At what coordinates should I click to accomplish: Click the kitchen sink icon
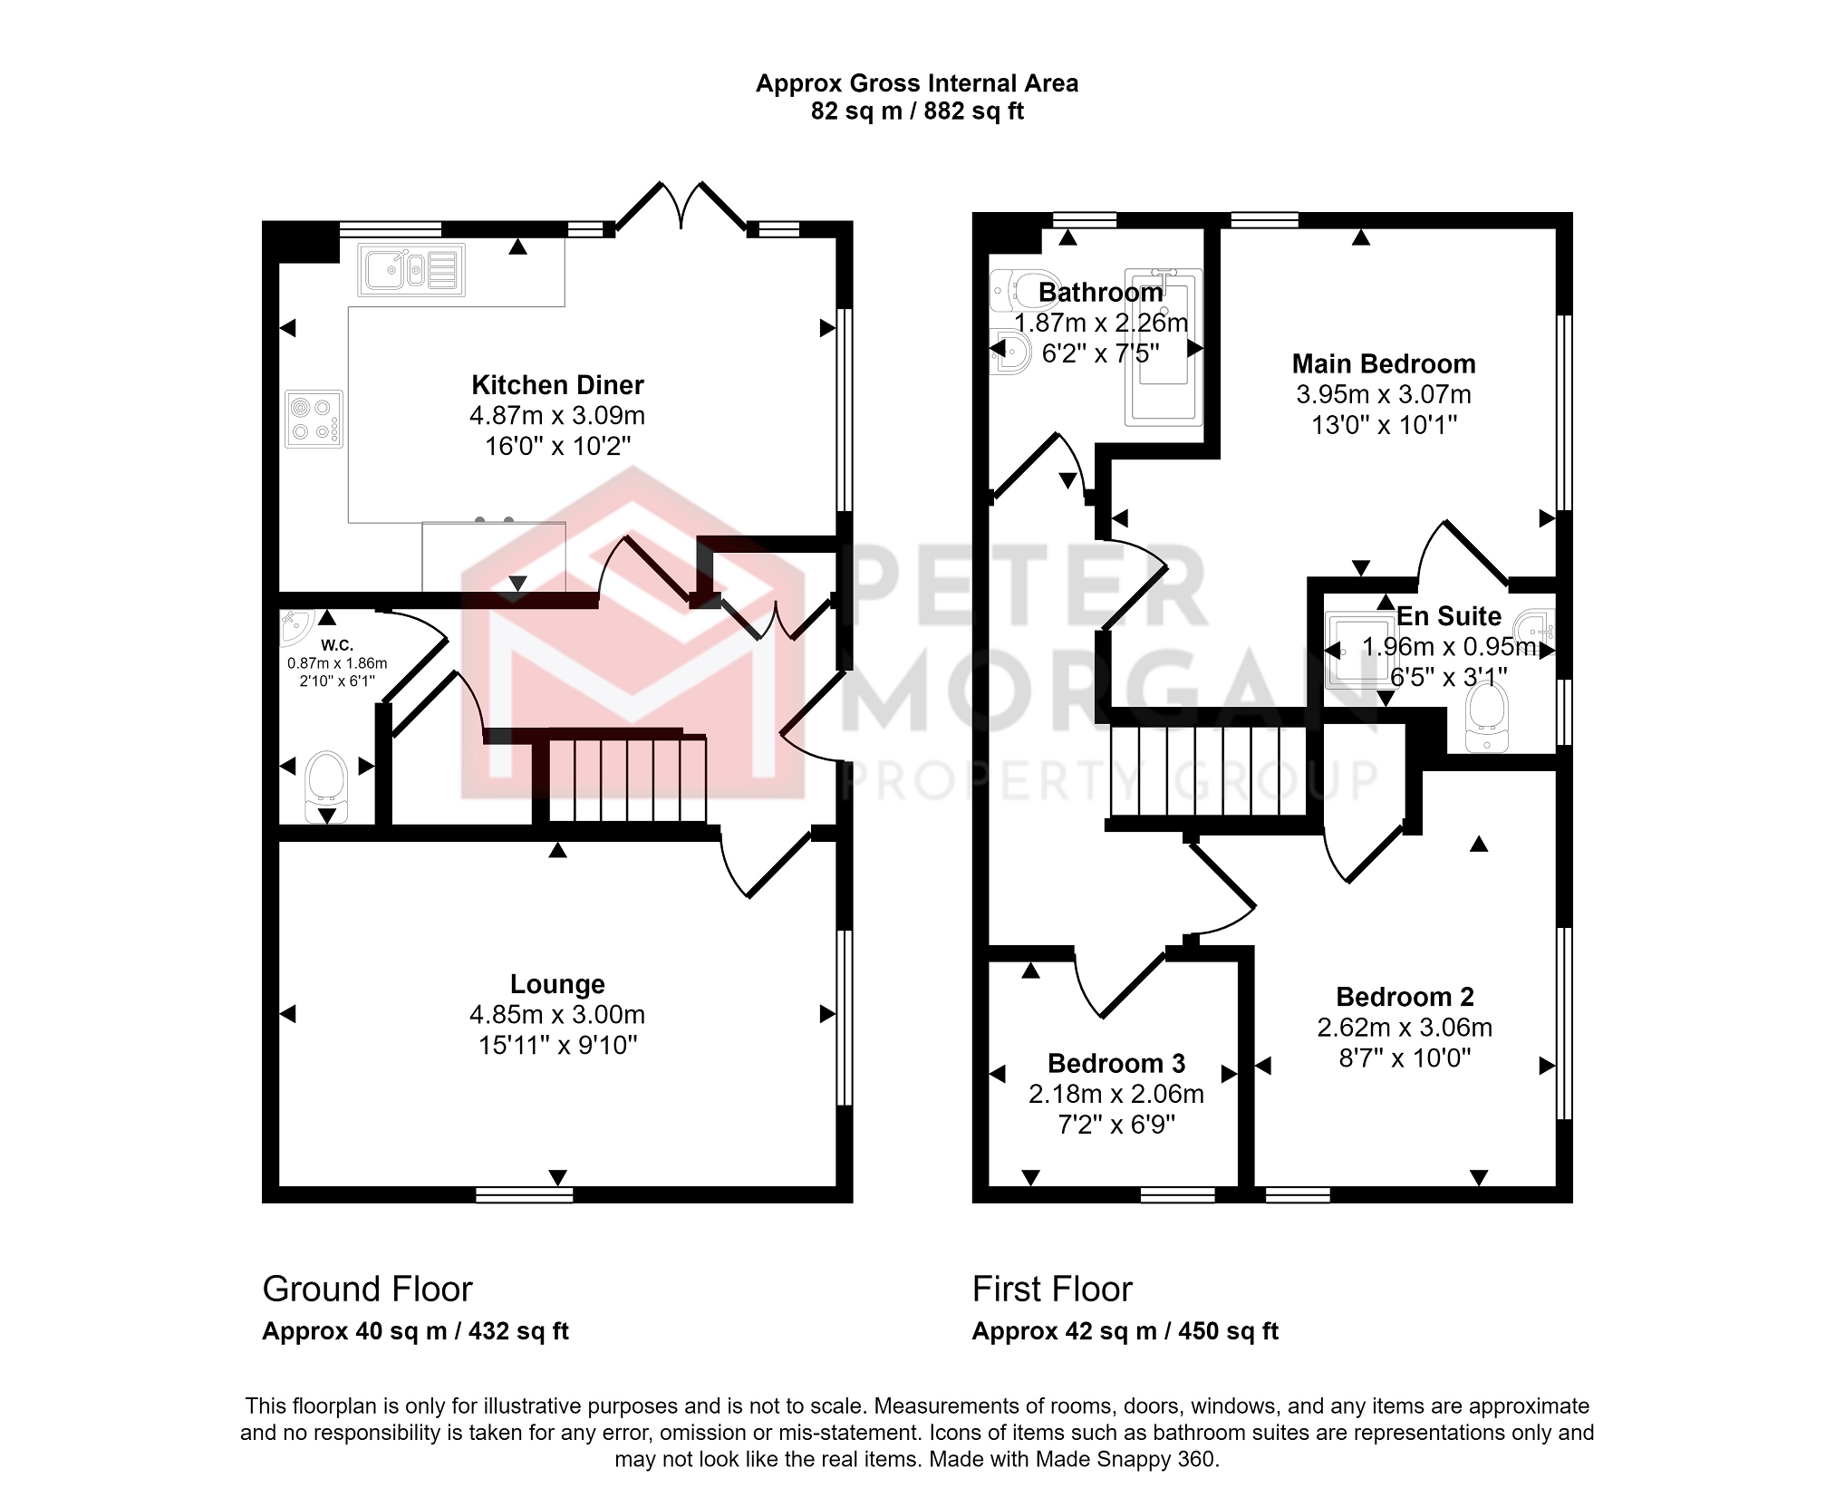pyautogui.click(x=411, y=270)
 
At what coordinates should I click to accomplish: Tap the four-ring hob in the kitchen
pyautogui.click(x=314, y=420)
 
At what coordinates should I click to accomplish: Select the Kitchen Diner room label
pyautogui.click(x=557, y=385)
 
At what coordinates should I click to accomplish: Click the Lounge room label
pyautogui.click(x=557, y=984)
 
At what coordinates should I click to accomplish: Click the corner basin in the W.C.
pyautogui.click(x=296, y=625)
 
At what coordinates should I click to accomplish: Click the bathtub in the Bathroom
pyautogui.click(x=1164, y=346)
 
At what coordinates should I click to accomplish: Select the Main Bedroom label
pyautogui.click(x=1384, y=364)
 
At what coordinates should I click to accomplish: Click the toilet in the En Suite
pyautogui.click(x=1487, y=718)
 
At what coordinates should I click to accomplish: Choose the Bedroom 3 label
pyautogui.click(x=1116, y=1063)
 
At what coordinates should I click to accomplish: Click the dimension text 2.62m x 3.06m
pyautogui.click(x=1405, y=1028)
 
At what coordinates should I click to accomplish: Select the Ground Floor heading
pyautogui.click(x=367, y=1289)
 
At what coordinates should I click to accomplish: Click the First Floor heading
pyautogui.click(x=1052, y=1289)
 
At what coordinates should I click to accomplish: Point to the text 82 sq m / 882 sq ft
pyautogui.click(x=917, y=111)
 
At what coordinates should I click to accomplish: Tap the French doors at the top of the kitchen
pyautogui.click(x=681, y=207)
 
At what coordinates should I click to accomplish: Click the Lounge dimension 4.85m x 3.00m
pyautogui.click(x=557, y=1015)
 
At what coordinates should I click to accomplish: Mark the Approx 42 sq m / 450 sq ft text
pyautogui.click(x=1125, y=1331)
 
